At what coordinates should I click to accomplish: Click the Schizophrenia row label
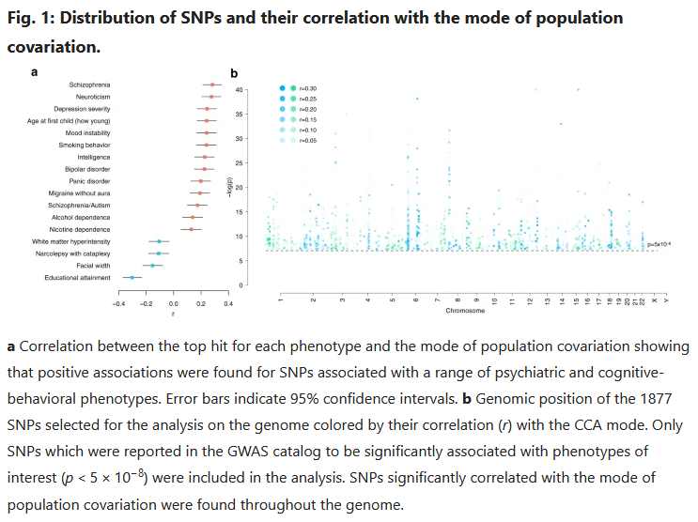(90, 85)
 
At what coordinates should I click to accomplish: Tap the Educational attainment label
(77, 277)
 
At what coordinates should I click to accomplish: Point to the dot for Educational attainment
(132, 277)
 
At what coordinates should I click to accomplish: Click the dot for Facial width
(152, 266)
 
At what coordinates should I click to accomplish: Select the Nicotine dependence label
(85, 229)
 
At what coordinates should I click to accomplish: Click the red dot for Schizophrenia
(213, 85)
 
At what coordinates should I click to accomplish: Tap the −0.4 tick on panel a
(118, 304)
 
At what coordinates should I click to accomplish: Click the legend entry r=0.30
(306, 88)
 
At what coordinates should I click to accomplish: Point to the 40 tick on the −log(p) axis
(240, 90)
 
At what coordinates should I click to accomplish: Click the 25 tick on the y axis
(240, 162)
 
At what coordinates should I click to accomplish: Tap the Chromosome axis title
(465, 310)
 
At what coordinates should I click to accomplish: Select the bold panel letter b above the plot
(234, 73)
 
